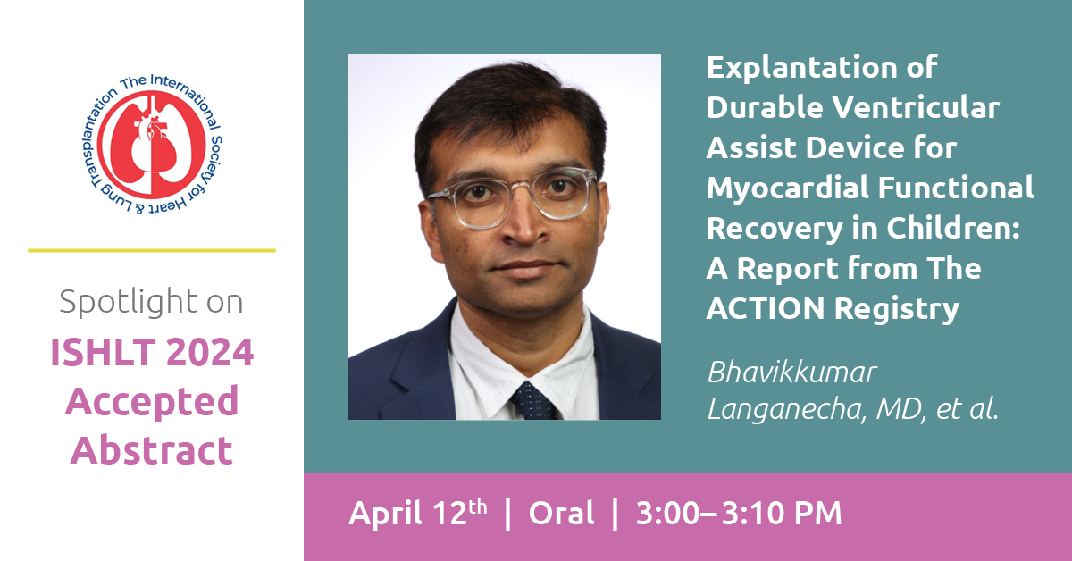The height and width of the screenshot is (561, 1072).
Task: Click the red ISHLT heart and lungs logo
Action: pos(152,145)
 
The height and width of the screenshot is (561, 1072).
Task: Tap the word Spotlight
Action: pos(129,303)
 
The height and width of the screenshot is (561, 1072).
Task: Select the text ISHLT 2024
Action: pos(152,352)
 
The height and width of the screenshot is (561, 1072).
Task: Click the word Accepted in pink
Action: pos(152,403)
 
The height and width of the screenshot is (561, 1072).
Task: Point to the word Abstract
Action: pos(152,450)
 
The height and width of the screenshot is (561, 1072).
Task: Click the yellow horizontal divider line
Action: pos(152,250)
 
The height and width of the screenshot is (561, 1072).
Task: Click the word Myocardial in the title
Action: pos(786,188)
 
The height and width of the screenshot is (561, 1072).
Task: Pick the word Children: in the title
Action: pos(953,228)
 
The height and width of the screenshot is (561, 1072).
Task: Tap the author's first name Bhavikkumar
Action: pos(792,372)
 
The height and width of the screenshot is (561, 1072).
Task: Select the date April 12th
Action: pos(418,513)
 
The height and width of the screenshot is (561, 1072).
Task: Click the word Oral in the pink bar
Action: pos(561,513)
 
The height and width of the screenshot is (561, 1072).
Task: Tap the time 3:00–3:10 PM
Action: pos(739,513)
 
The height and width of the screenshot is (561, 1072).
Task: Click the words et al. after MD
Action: pos(967,409)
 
